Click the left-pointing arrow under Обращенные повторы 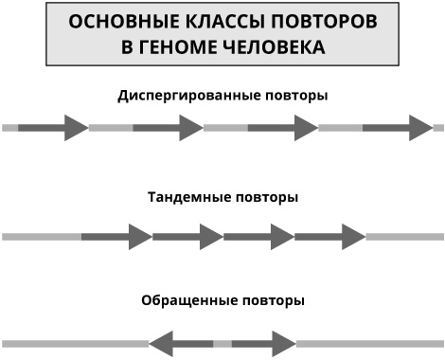tap(181, 342)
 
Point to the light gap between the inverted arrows tap(222, 342)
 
